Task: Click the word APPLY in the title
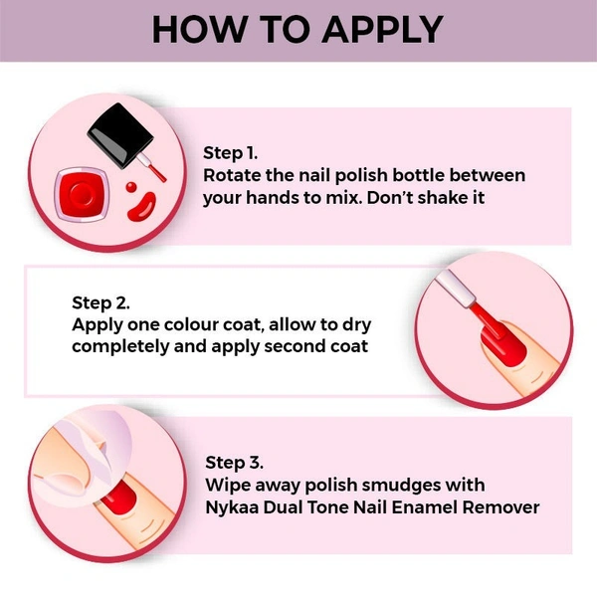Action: (382, 30)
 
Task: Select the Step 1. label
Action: (231, 153)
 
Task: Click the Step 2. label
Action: (100, 303)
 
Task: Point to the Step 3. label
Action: (234, 463)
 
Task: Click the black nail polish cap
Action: (120, 135)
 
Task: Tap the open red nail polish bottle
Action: (83, 195)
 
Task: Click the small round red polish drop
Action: (131, 187)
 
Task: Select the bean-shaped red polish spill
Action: (142, 206)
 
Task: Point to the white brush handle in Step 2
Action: (456, 288)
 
